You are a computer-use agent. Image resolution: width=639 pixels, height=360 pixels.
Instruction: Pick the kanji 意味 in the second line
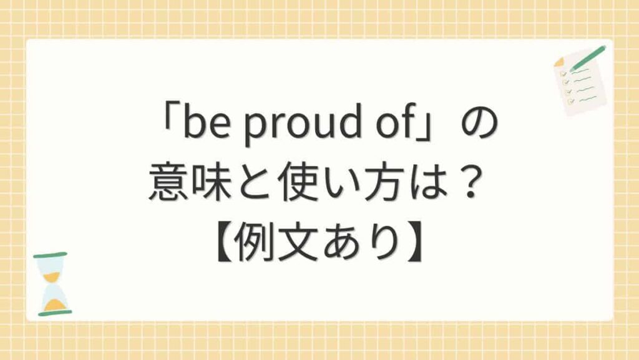187,185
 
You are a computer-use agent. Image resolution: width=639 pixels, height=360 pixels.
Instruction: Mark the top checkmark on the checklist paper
563,73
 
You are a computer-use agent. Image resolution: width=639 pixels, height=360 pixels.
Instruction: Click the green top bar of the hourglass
50,255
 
